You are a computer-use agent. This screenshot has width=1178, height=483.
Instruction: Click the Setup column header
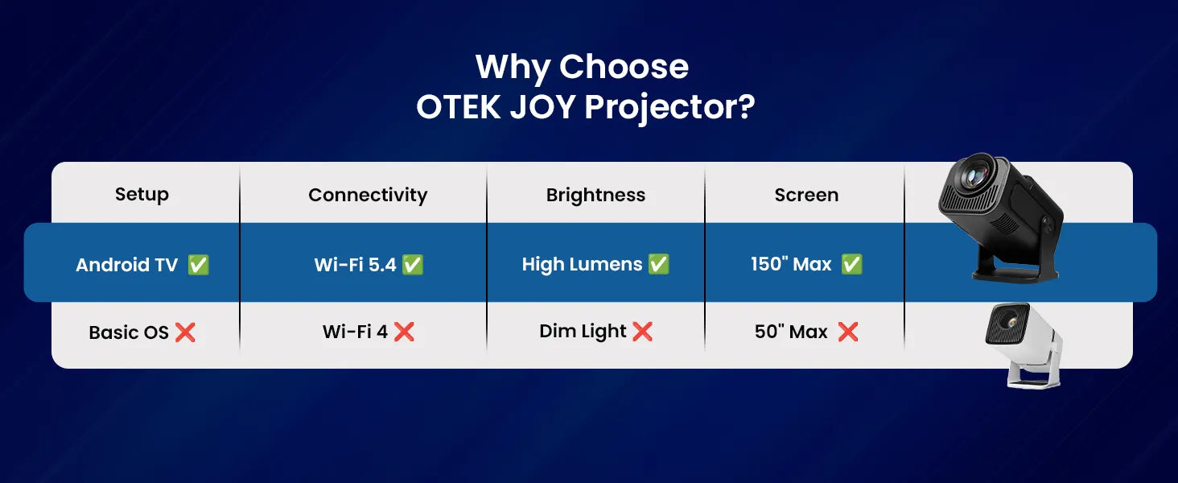pos(142,195)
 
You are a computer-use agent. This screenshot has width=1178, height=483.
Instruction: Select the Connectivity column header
pos(368,195)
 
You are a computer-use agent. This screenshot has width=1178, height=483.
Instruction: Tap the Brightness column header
pos(595,195)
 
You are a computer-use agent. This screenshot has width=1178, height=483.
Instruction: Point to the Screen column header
pos(806,195)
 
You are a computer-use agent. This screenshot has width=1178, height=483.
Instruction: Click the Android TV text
pos(126,265)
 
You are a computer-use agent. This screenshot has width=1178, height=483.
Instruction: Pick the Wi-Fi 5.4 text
pos(355,265)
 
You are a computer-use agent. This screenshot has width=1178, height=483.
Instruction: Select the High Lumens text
pos(582,264)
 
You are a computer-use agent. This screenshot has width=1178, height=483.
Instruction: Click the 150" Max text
pos(791,264)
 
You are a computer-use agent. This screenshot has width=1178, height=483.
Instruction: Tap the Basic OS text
pos(129,332)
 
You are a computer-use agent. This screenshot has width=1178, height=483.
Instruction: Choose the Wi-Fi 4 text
pos(355,332)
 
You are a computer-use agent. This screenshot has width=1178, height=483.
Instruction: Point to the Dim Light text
pos(583,331)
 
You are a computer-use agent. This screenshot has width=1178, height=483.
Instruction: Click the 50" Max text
pos(791,332)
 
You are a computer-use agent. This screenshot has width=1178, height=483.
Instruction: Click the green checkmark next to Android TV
pos(198,265)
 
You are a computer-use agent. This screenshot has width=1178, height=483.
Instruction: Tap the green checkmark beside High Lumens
pos(658,264)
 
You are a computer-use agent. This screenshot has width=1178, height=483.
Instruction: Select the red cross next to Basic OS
pos(185,332)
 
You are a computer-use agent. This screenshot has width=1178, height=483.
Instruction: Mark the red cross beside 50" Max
pos(847,332)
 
